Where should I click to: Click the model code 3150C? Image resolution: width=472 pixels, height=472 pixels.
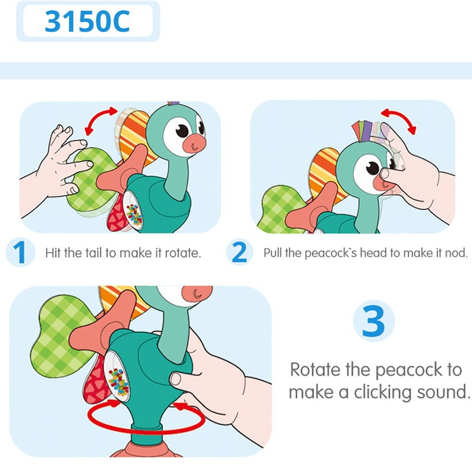tap(87, 21)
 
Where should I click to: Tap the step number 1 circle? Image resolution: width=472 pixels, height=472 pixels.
tap(19, 253)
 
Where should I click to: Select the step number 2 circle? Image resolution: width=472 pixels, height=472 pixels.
tap(239, 253)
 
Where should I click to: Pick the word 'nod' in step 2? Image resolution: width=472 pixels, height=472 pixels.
tap(457, 254)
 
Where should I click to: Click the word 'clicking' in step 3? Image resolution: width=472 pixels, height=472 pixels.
tap(388, 393)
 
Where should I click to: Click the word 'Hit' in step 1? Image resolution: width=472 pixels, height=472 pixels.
tap(54, 254)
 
